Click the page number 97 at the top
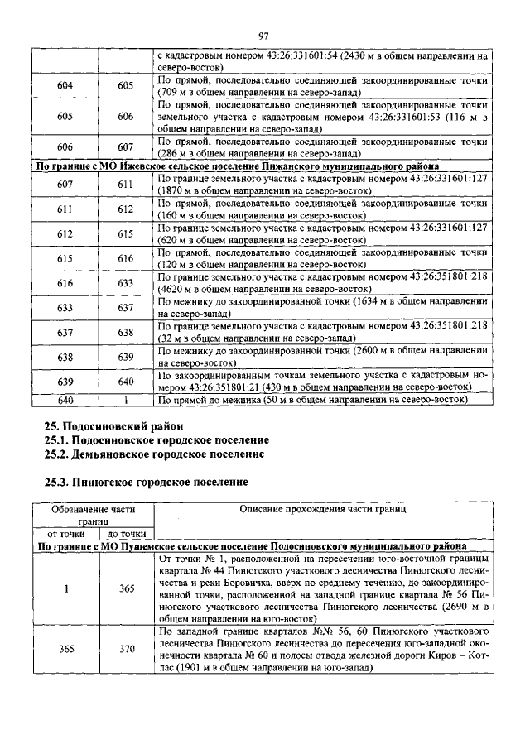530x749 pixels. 264,36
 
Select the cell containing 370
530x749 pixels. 126,649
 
